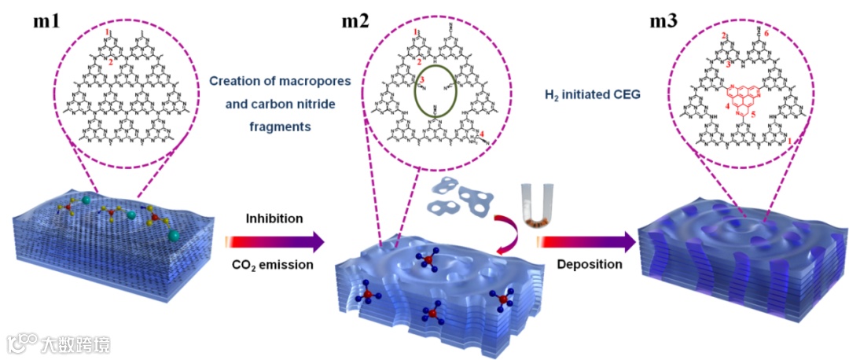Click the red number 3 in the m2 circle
[x=421, y=80]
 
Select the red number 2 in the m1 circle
[x=112, y=61]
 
